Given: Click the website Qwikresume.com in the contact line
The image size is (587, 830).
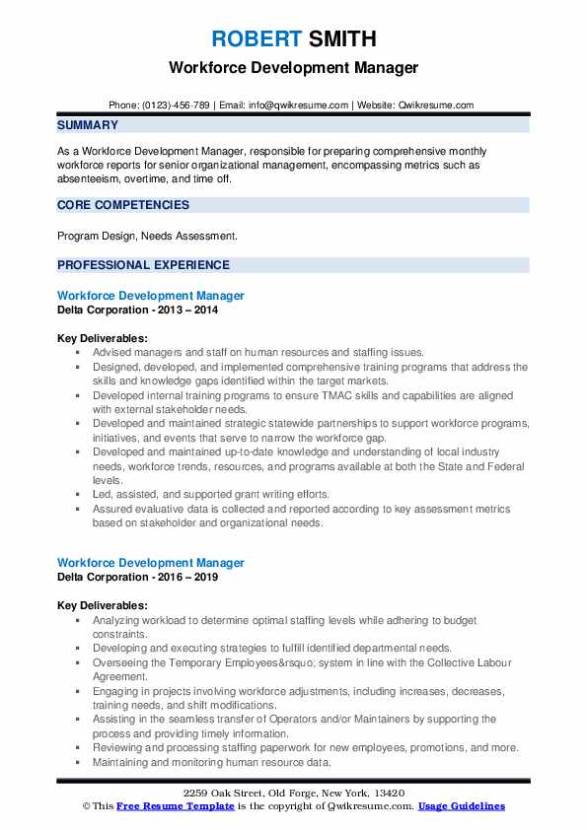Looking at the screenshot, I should (437, 104).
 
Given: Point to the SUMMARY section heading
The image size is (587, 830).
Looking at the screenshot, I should (88, 125).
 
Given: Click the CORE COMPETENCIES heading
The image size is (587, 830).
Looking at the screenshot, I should (123, 205).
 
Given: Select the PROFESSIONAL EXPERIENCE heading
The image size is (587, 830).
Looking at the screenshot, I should (143, 265).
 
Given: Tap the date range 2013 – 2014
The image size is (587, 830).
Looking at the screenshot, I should (186, 310).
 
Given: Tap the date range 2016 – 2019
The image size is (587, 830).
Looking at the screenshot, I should (186, 577).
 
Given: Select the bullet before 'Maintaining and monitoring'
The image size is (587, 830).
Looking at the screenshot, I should (78, 762).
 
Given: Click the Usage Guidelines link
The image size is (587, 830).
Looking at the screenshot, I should (462, 806).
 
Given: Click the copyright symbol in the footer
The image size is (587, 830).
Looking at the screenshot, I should (85, 806).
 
